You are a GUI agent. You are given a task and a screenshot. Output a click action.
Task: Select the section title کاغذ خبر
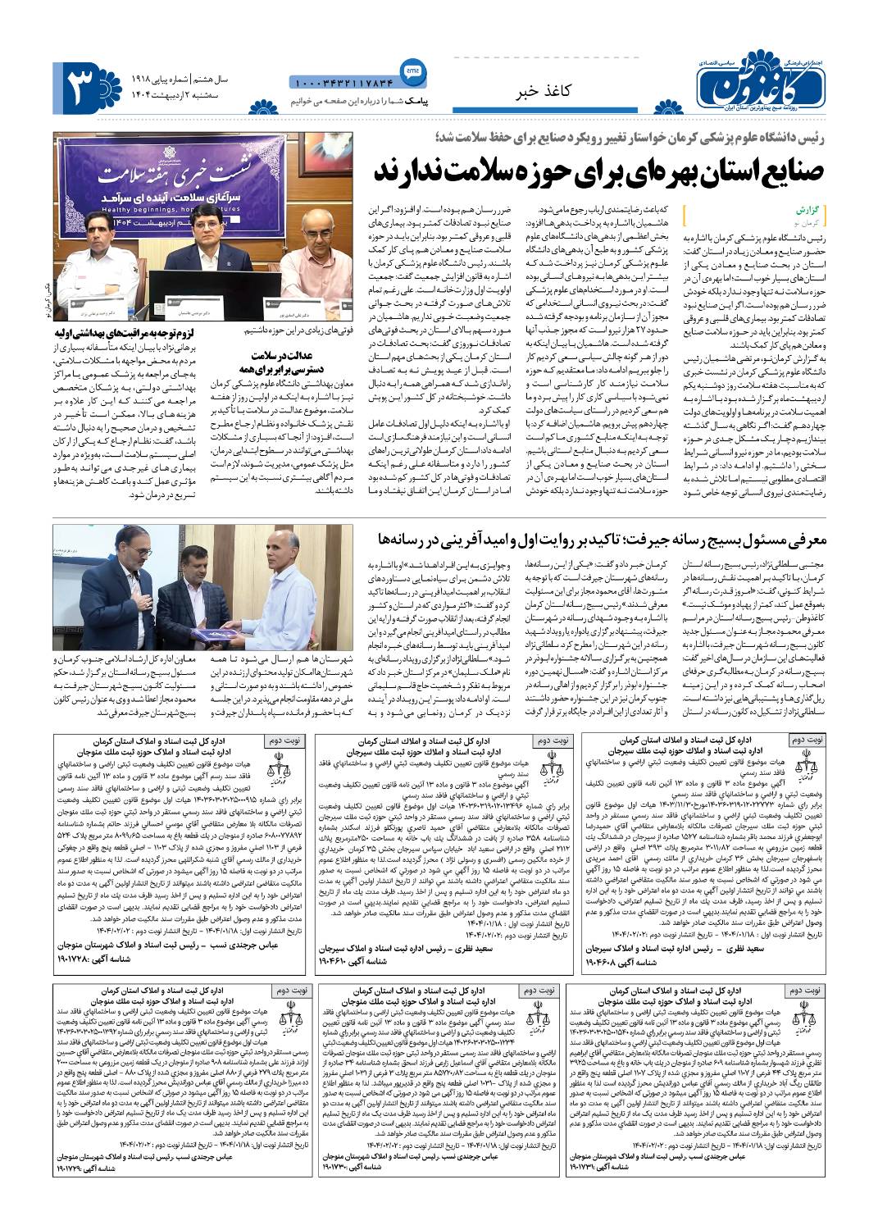coord(546,91)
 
